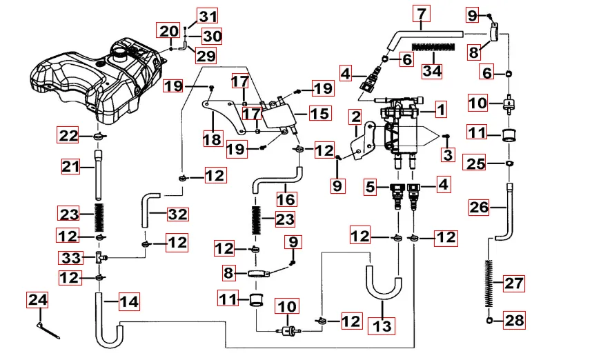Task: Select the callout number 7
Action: point(422,13)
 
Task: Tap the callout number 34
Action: point(432,70)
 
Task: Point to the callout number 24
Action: point(38,300)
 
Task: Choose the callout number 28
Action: point(514,320)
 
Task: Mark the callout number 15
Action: point(319,113)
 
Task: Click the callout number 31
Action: point(208,16)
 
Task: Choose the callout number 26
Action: point(479,207)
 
